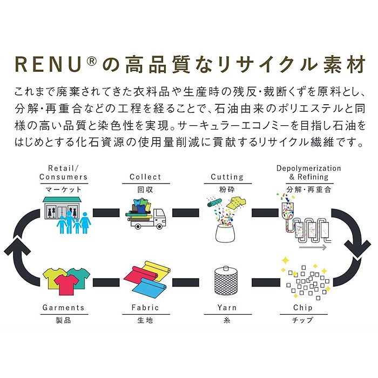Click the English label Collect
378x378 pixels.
[145, 177]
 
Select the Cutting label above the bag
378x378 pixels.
[227, 177]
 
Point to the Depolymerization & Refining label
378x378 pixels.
[309, 172]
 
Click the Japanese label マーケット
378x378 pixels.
[64, 189]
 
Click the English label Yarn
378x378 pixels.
[227, 308]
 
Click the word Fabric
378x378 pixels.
[145, 308]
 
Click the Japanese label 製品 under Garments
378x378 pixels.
[63, 320]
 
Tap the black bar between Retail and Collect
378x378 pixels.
[105, 211]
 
